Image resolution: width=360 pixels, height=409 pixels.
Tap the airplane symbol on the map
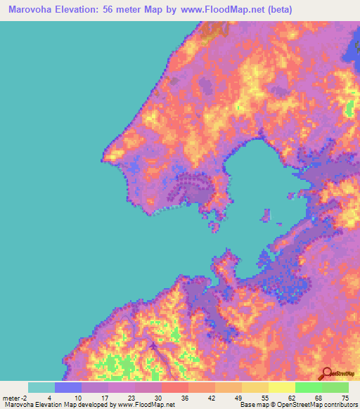tap(154, 346)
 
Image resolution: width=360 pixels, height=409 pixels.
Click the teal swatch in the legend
tap(41, 387)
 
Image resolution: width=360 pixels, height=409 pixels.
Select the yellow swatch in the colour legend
tap(255, 387)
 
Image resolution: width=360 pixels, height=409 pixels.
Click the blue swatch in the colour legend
tap(67, 387)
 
